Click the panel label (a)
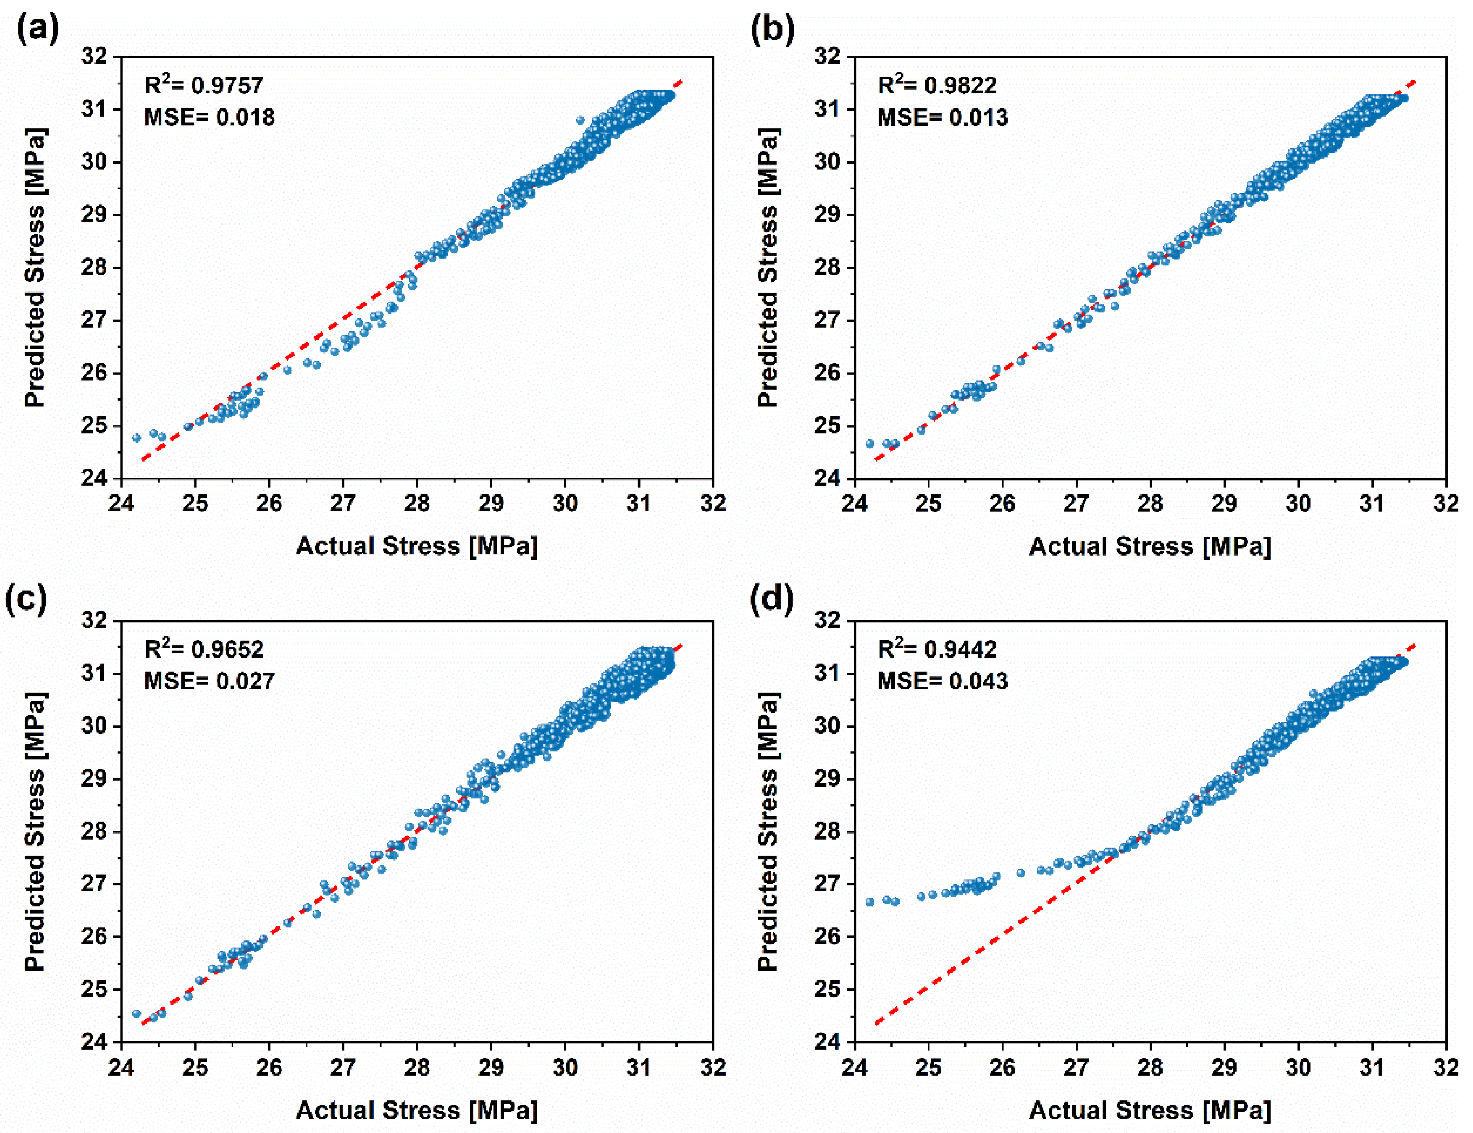click(37, 31)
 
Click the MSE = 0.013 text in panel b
click(942, 118)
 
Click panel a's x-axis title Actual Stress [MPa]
click(417, 546)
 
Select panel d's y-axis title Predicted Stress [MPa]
click(767, 831)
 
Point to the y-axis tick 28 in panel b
click(827, 268)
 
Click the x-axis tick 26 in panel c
click(269, 1068)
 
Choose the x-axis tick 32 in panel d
click(1446, 1068)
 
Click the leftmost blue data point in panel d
click(870, 901)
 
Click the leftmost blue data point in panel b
click(870, 444)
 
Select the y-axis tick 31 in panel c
click(94, 673)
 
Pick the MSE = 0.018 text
click(209, 118)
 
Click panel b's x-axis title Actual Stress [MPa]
click(1149, 546)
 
